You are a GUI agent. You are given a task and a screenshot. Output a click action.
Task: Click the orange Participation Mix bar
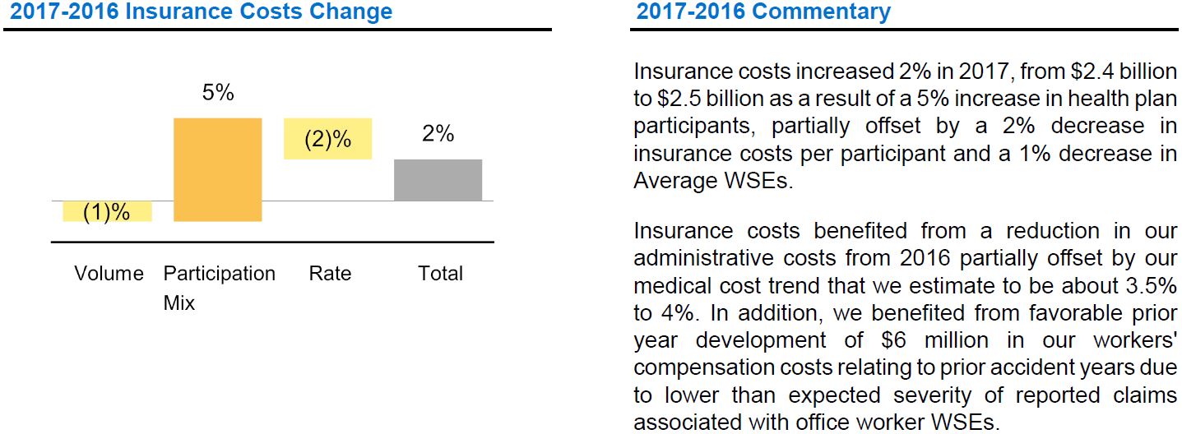pos(218,169)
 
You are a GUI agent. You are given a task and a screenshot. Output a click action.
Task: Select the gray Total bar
pos(438,180)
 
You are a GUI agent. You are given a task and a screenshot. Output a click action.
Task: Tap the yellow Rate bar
pos(327,139)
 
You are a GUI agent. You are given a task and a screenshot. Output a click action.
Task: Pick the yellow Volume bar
pos(107,212)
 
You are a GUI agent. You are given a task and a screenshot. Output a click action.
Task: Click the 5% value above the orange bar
pos(218,93)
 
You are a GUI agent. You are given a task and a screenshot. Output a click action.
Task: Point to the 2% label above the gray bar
pos(438,134)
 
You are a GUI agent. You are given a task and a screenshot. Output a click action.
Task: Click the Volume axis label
pos(109,274)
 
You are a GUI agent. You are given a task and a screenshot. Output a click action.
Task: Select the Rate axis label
pos(330,274)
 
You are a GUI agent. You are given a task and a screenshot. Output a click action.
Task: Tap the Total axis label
pos(441,274)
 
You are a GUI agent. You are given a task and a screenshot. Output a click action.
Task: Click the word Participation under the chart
pos(219,274)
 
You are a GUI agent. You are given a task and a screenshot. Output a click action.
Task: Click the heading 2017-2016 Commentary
pos(763,12)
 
